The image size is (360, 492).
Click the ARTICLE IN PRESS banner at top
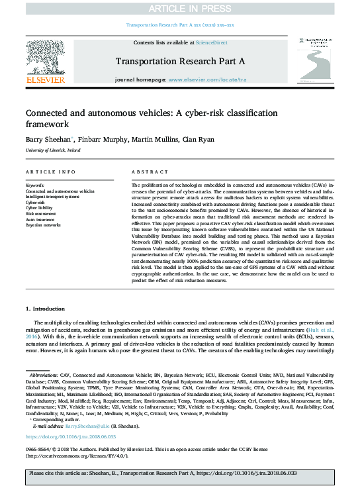click(x=179, y=8)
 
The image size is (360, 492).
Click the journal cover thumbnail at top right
click(x=315, y=63)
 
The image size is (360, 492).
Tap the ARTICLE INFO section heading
click(x=46, y=172)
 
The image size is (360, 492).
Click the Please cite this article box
click(x=179, y=475)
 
